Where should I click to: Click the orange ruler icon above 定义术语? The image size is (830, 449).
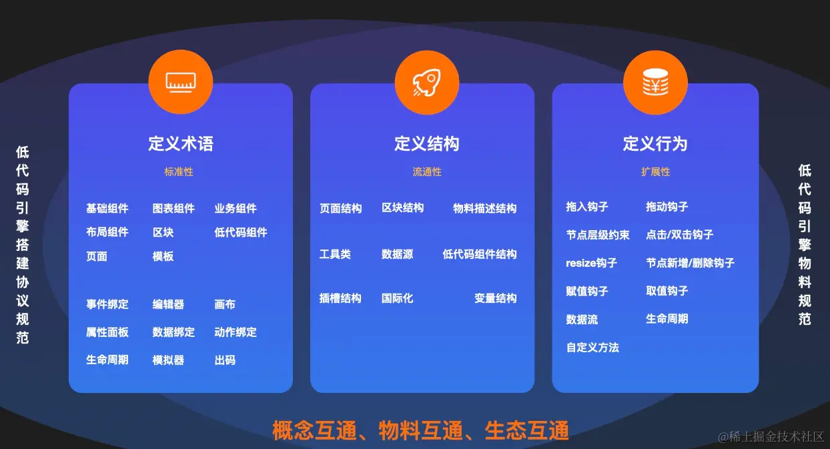(181, 82)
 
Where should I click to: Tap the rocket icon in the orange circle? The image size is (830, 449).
(427, 82)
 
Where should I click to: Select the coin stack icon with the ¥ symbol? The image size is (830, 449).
(655, 82)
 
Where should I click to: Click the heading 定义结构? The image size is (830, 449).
(427, 144)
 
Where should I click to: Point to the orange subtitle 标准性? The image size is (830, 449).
(179, 172)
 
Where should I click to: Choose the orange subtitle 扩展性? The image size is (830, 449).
(655, 172)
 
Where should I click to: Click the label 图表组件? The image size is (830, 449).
(173, 209)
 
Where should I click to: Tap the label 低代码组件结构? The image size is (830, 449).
(479, 254)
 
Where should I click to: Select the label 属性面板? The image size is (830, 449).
(107, 332)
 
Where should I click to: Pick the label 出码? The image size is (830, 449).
(225, 360)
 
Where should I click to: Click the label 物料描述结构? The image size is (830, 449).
(484, 209)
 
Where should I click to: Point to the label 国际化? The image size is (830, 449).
(397, 299)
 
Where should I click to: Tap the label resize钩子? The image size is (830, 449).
(591, 263)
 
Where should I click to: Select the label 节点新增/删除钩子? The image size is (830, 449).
(690, 263)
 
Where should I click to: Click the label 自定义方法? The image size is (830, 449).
(592, 348)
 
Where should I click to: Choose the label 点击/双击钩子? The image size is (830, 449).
(679, 235)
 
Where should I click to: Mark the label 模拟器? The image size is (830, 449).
(168, 360)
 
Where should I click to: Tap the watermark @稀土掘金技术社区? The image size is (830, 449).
(771, 437)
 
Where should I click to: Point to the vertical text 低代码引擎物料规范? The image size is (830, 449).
(805, 245)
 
